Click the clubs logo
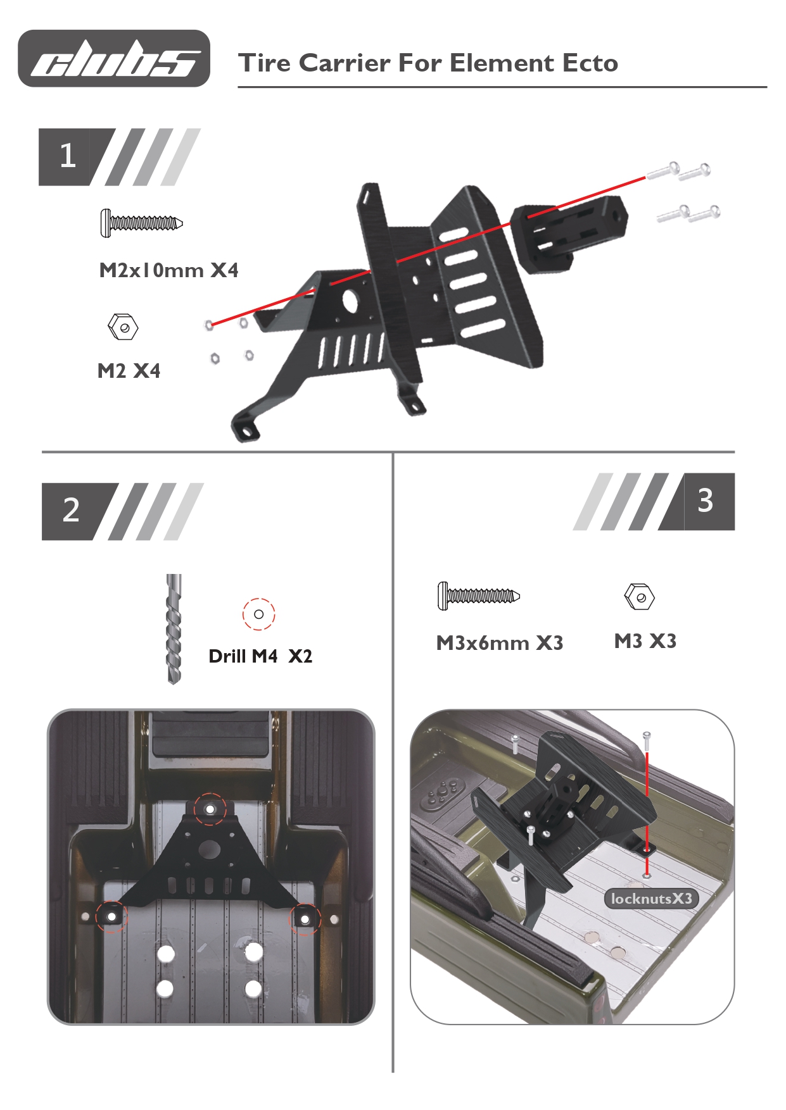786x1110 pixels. pos(114,58)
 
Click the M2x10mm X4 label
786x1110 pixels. pos(168,270)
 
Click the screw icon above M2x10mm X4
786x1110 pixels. pos(141,223)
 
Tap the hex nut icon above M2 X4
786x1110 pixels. pos(123,327)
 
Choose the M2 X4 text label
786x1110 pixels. pos(129,371)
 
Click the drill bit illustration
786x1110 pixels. pos(174,628)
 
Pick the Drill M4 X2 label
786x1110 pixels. pos(260,656)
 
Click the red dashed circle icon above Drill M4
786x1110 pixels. pos(258,614)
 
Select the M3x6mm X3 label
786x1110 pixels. pos(500,643)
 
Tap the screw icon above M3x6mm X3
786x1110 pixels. pos(478,596)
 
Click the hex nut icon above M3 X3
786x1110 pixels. pos(639,596)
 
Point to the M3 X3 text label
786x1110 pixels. pos(645,641)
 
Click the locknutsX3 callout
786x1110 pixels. pos(651,899)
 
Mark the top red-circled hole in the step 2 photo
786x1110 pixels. pos(210,809)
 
